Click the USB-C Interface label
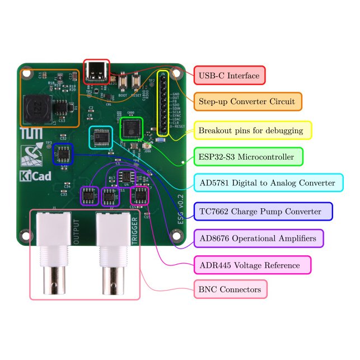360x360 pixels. (229, 76)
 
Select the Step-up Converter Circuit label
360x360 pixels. (247, 101)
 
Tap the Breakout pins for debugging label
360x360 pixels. (252, 130)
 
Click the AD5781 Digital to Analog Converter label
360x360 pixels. (268, 183)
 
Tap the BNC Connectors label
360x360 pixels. (230, 289)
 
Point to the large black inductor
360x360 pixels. (36, 107)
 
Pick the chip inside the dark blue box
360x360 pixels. (63, 153)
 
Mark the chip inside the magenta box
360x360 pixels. (139, 195)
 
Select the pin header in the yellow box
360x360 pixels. (163, 104)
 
